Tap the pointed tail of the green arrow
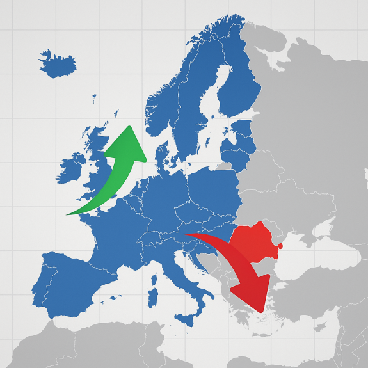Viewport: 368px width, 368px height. point(67,214)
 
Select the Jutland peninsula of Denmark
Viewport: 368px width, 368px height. point(162,154)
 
